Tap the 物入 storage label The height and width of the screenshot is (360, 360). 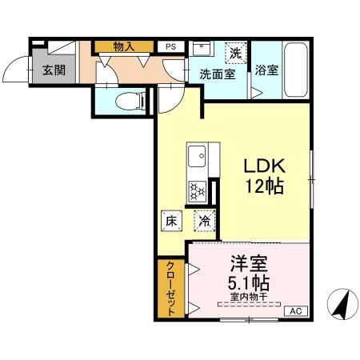point(123,47)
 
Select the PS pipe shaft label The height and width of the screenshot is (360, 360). point(170,47)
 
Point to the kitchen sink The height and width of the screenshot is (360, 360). point(197,154)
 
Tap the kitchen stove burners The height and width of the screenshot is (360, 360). point(197,191)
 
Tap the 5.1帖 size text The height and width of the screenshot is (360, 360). point(248,283)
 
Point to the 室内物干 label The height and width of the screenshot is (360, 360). point(248,296)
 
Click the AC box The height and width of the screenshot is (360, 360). point(294,311)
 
